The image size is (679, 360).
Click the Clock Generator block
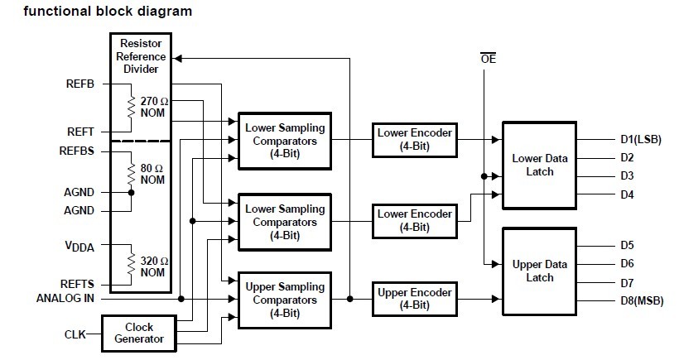point(139,334)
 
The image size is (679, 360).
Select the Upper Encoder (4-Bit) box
point(414,299)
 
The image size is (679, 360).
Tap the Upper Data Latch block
point(539,271)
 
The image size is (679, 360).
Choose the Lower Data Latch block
point(539,166)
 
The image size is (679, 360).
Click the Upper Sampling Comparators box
point(285,300)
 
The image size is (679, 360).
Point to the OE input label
point(488,59)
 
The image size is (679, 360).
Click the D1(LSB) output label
point(640,139)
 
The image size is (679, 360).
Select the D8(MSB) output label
point(642,300)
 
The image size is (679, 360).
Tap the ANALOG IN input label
point(65,299)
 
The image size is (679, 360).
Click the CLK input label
point(75,334)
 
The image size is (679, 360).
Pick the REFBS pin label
point(77,151)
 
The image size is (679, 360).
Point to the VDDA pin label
point(79,246)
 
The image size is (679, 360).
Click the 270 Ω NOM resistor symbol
point(131,107)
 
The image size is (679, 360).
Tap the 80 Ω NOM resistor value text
point(152,174)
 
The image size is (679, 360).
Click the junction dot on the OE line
point(484,176)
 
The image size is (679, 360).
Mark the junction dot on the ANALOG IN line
point(181,299)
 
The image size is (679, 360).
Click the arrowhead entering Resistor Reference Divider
point(176,59)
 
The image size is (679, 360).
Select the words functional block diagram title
point(108,11)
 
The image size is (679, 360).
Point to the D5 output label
point(627,245)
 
